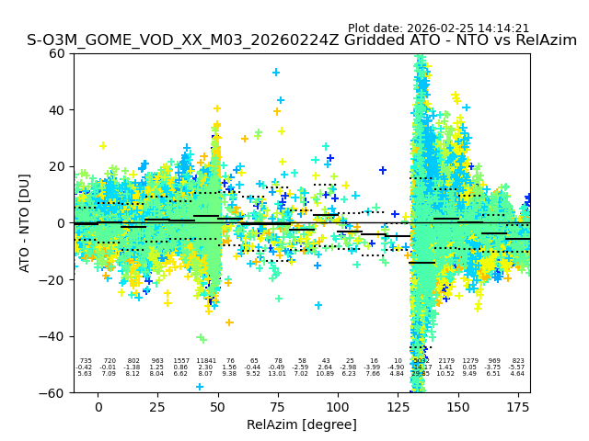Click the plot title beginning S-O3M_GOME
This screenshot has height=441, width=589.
click(x=302, y=40)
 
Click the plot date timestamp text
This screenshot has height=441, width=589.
click(x=438, y=28)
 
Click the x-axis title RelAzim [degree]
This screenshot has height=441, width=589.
click(x=302, y=424)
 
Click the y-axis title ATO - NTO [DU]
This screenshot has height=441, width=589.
click(x=25, y=223)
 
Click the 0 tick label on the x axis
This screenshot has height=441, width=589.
click(x=98, y=407)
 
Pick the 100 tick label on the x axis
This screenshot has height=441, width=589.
click(x=338, y=407)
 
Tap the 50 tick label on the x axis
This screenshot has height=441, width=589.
click(x=218, y=407)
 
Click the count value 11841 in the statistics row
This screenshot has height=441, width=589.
click(x=205, y=361)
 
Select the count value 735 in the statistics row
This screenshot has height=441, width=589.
click(x=86, y=361)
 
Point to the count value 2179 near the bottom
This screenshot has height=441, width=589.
click(x=446, y=361)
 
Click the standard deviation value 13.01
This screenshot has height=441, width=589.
click(x=277, y=374)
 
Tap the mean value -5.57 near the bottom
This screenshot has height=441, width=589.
click(x=517, y=367)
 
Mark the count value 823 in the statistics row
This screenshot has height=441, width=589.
click(x=518, y=361)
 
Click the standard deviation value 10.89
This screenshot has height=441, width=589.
click(x=325, y=374)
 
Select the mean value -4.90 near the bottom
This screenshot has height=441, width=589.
click(x=397, y=367)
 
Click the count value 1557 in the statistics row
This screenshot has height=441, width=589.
click(x=181, y=361)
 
